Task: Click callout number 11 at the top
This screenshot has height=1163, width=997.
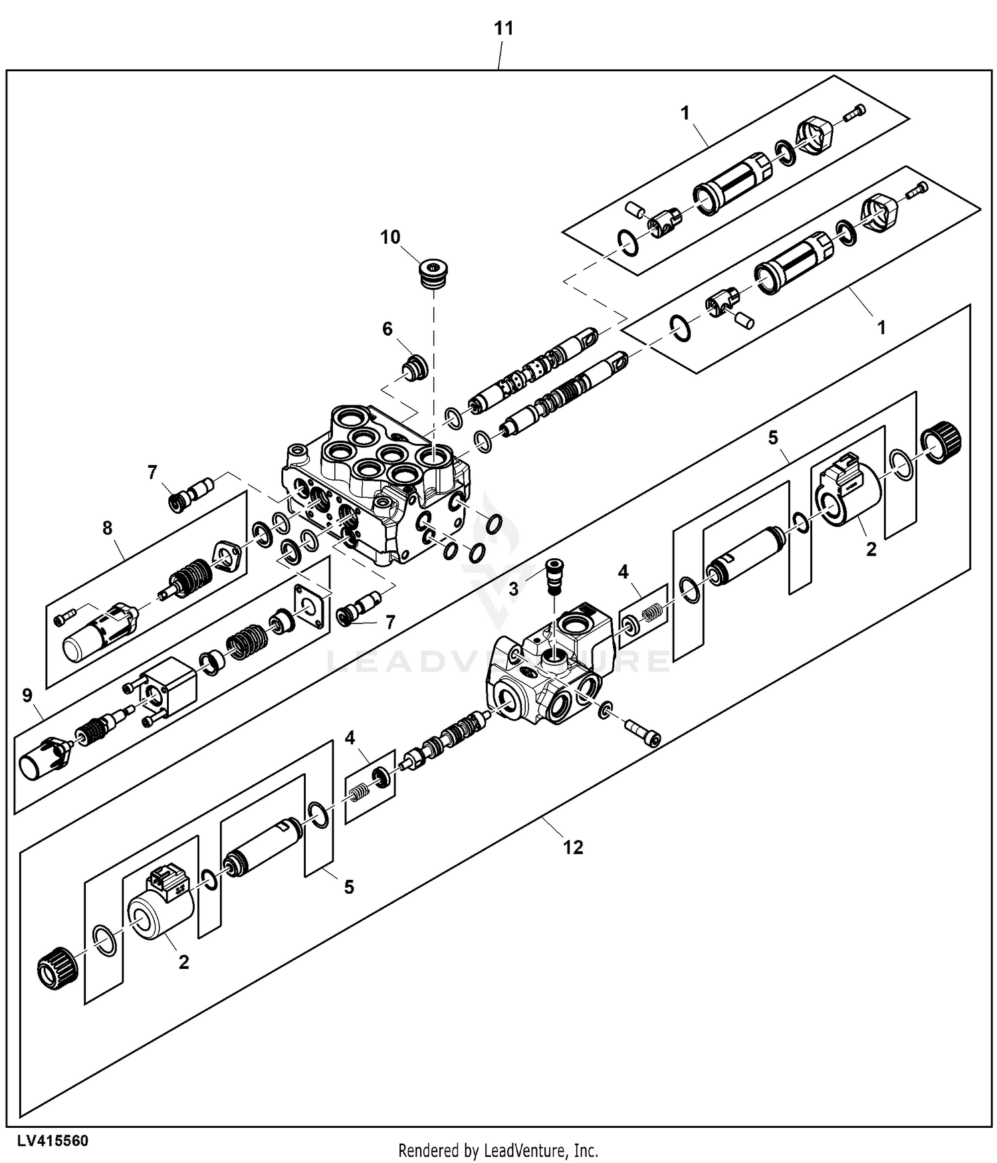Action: click(503, 29)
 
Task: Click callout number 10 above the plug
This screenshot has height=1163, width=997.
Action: click(390, 237)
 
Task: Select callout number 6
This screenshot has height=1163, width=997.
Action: click(387, 329)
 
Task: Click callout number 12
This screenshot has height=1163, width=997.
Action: click(573, 847)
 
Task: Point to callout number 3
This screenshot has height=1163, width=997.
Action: click(513, 589)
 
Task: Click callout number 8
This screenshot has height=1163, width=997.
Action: click(107, 528)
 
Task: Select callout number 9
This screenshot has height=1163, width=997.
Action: click(27, 696)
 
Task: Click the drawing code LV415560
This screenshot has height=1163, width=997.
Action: click(53, 1141)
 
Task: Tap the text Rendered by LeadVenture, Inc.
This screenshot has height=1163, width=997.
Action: click(498, 1150)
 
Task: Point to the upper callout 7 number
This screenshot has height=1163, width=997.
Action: click(152, 473)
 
